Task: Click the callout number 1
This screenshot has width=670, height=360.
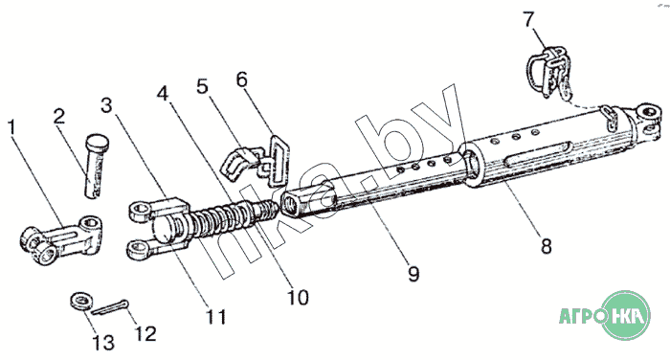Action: pos(11,128)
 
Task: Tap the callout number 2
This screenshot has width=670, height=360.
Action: pos(59,116)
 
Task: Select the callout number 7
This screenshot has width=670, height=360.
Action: pos(528,20)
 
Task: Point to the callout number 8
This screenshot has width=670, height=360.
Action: pos(547,247)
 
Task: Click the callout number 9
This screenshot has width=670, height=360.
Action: pos(413,274)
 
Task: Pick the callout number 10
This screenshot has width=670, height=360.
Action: pos(298,298)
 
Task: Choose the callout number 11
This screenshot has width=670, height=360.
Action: pos(216,317)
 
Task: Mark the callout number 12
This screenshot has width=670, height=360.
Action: pos(145,334)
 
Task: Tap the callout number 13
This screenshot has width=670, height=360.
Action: pos(103,343)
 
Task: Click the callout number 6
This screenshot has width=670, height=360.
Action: pos(242,79)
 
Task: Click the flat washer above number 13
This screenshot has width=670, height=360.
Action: pos(81,301)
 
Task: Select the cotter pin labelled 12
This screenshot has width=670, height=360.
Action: pos(110,307)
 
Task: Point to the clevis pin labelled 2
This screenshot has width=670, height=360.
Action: pos(96,165)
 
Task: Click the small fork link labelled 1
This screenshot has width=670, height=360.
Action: pos(62,239)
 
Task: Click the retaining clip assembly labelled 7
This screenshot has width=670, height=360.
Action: pos(549,73)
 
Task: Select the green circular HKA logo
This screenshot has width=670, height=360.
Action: pos(626,316)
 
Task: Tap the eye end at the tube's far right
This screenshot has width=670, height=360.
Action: pos(646,120)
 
